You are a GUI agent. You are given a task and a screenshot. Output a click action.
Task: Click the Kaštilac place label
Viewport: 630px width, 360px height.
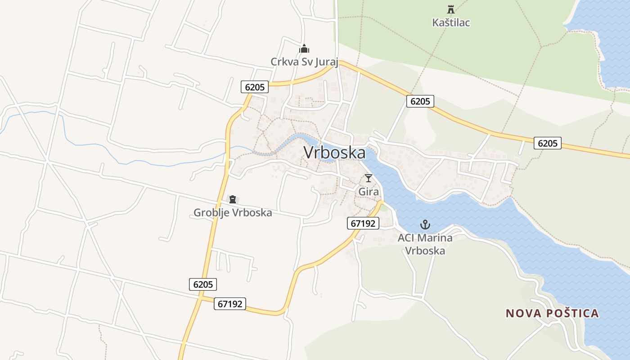[451, 22]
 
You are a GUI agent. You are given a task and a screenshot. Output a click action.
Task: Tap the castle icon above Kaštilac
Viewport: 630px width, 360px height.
[451, 9]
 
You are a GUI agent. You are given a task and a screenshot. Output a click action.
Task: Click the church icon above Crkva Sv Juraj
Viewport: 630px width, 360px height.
[304, 49]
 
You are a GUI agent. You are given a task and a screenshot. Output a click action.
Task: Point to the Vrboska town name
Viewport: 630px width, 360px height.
[335, 153]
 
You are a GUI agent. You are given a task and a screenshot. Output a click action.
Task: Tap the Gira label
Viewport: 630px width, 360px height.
[369, 192]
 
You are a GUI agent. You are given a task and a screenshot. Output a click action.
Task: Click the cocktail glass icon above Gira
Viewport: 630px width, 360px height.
[369, 178]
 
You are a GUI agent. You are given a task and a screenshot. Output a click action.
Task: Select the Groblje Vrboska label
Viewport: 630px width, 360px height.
[233, 212]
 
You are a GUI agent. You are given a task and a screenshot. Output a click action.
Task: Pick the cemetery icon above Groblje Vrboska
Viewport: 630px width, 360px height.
[233, 199]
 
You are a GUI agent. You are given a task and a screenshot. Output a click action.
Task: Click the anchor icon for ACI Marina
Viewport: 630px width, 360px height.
[425, 224]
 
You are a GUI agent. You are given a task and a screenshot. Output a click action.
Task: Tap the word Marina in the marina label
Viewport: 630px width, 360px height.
[436, 238]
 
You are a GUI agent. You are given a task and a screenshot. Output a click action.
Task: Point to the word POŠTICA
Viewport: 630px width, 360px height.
[570, 313]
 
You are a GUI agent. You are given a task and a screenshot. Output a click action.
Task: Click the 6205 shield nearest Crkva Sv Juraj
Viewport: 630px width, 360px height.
[255, 87]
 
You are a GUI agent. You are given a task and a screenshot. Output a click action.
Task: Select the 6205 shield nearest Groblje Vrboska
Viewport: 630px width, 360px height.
[203, 284]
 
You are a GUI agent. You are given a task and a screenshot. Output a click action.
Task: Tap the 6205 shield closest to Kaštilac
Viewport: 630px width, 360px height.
[420, 101]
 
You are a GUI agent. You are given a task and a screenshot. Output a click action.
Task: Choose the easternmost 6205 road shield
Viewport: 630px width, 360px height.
[548, 143]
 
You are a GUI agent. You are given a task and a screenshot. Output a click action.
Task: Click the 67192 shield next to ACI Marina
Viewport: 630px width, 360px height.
[363, 223]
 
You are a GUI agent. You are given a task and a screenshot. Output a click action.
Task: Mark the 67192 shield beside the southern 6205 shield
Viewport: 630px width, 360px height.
[230, 304]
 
